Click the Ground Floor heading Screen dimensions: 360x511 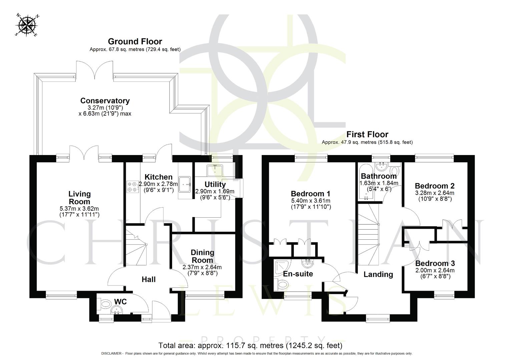pos(135,41)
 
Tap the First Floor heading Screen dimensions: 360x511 pos(367,134)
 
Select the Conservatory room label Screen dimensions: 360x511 pos(105,101)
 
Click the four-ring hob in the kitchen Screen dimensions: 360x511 pos(133,187)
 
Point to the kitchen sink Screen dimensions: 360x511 pos(185,184)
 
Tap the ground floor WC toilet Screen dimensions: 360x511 pos(105,304)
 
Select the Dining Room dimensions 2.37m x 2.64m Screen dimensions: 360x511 pos(202,267)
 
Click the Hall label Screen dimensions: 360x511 pos(148,279)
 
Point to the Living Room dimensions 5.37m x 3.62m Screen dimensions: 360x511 pos(79,209)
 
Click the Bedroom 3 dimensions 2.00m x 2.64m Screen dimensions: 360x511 pos(435,270)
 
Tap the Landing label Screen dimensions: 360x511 pos(378,274)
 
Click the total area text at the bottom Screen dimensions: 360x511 pos(250,345)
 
